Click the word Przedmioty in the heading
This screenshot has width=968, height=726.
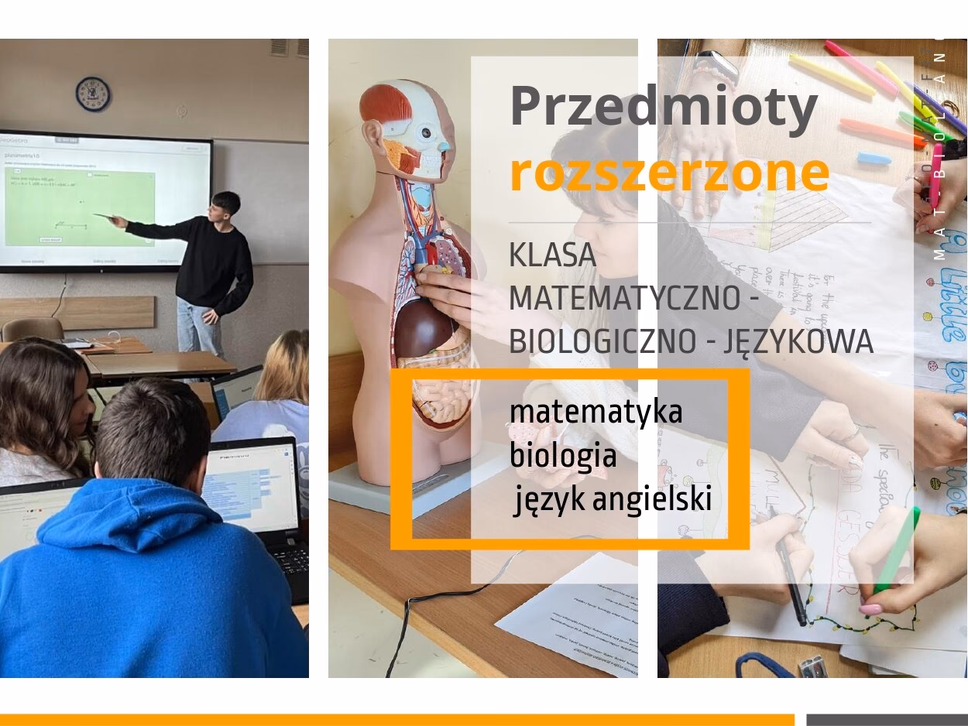pos(664,107)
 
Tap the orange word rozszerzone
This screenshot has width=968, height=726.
pos(669,172)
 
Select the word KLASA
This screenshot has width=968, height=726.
pos(552,255)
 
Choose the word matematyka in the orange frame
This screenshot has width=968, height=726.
pos(596,412)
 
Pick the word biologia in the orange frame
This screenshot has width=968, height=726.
pos(563,456)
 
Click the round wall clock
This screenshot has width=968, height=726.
pos(92,94)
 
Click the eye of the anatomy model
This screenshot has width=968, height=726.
pos(426,132)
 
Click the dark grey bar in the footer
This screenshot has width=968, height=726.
pos(887,720)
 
